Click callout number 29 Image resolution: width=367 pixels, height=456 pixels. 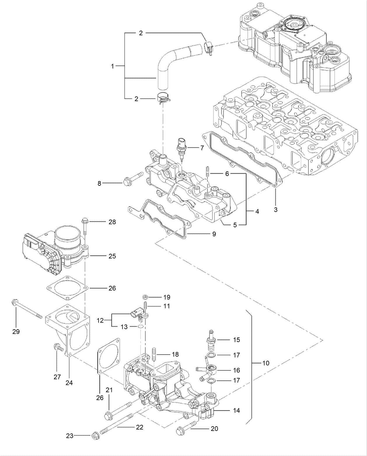[x=16, y=331]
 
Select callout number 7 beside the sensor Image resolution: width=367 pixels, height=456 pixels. [x=202, y=148]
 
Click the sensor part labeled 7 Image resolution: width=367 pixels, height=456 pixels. [x=182, y=147]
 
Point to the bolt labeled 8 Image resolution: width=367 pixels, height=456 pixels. [x=132, y=179]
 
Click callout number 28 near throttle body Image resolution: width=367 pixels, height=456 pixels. [x=112, y=222]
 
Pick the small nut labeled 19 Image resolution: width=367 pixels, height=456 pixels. [x=145, y=297]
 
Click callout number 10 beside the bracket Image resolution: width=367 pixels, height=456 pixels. [x=266, y=363]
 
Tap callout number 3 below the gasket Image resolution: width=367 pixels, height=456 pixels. [x=276, y=209]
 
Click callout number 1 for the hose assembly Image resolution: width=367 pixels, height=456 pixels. [x=112, y=66]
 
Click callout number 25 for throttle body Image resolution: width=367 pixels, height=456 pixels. [x=112, y=256]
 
